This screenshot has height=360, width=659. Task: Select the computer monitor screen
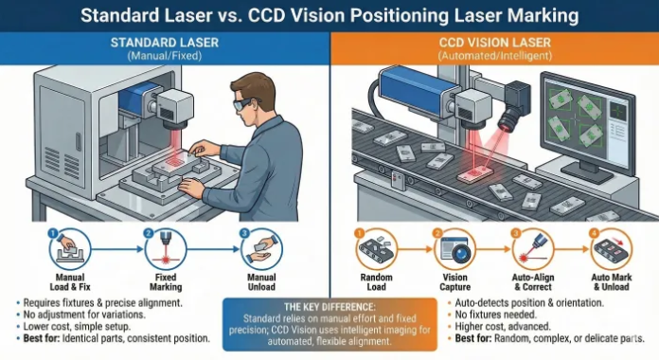(588, 120)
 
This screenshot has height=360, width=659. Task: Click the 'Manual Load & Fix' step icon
(70, 249)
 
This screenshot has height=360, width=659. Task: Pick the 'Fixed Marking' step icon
(166, 249)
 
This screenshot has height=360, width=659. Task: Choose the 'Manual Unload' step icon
(261, 249)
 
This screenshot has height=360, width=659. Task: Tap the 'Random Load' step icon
(377, 249)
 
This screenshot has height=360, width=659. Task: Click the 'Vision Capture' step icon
(454, 249)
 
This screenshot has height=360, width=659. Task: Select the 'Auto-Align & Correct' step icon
(533, 249)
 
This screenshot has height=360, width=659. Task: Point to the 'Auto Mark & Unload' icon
(612, 249)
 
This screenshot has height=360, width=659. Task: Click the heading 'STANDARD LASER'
(165, 43)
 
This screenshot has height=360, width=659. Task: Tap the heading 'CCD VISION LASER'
(494, 43)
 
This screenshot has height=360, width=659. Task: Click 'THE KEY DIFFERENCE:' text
(329, 307)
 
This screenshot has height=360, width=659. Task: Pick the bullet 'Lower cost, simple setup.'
(77, 326)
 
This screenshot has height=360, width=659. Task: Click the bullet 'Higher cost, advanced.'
(503, 326)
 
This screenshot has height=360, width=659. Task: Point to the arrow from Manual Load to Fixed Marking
(117, 249)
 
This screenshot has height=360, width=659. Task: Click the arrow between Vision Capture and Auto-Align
(493, 249)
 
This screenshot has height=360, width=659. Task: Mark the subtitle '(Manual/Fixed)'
(165, 56)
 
